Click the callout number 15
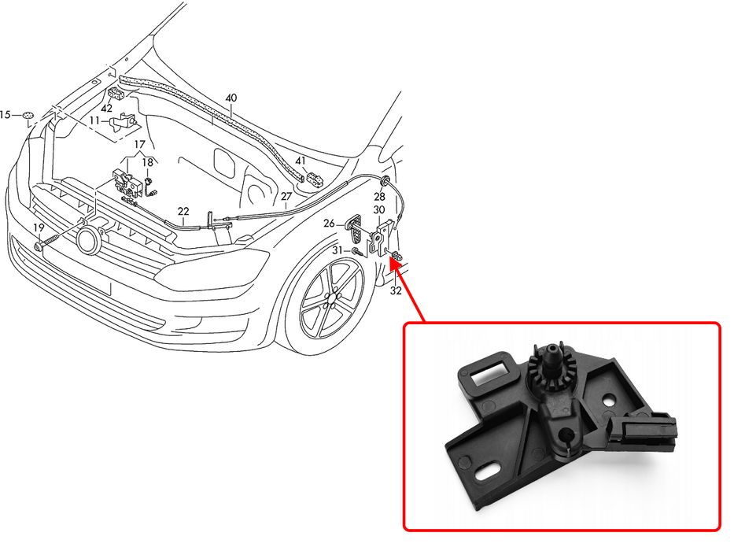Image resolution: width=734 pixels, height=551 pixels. (x=6, y=115)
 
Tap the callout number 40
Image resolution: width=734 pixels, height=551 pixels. (x=231, y=98)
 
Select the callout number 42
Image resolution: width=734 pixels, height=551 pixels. (x=106, y=109)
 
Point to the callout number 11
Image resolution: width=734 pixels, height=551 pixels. (x=94, y=120)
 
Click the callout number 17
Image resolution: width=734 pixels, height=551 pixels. (x=139, y=144)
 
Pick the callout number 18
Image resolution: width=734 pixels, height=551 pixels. (x=147, y=163)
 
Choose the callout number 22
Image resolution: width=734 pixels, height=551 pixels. (x=183, y=211)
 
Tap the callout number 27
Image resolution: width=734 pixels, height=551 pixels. (x=286, y=196)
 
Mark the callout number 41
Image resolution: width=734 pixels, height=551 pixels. (x=301, y=161)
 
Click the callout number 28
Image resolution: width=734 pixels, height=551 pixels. (x=379, y=196)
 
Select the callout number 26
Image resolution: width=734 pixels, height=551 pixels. (x=329, y=224)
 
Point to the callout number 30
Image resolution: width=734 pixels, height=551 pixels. (x=379, y=210)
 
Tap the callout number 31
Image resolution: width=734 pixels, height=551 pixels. (x=337, y=250)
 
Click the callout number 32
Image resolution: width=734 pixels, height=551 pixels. (x=396, y=290)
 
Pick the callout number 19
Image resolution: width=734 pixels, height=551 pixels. (x=38, y=227)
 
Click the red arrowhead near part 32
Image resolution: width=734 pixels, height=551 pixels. (x=394, y=266)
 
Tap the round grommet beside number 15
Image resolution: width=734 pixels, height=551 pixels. (x=28, y=116)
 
